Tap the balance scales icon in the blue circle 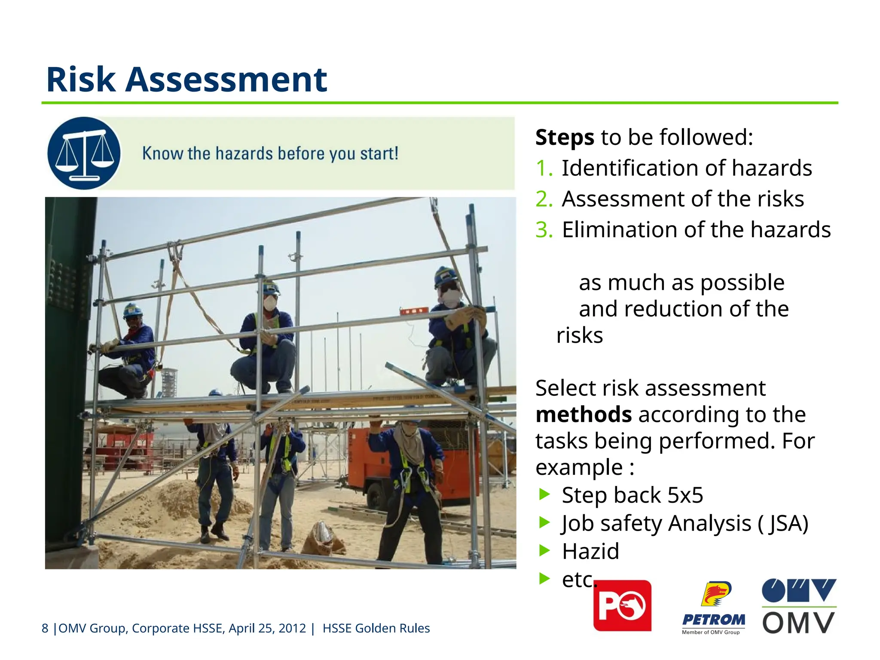84,153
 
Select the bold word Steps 565,137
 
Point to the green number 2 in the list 544,199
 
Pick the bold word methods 584,415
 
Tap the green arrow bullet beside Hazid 544,550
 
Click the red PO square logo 622,605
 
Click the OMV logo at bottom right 799,606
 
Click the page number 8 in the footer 45,628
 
